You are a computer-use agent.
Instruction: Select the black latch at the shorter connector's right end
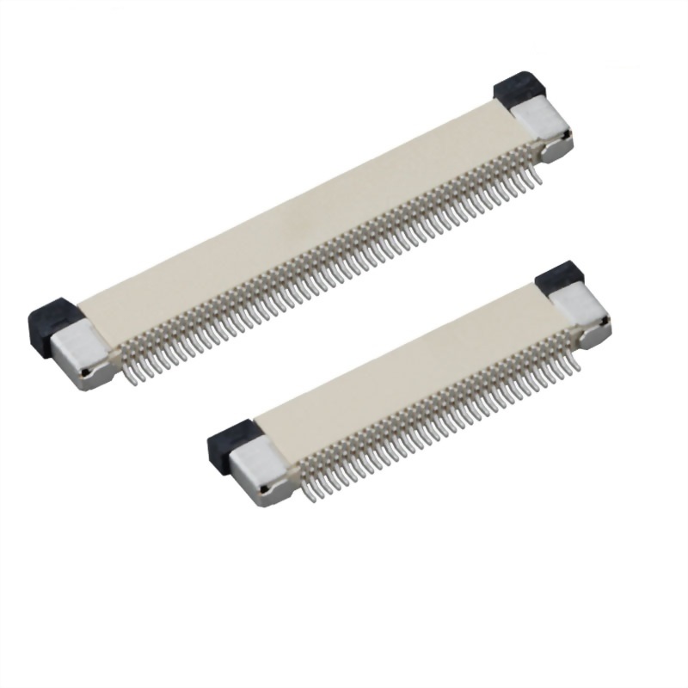(560, 277)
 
